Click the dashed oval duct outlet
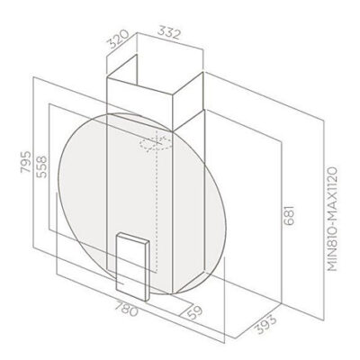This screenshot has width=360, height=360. click(x=154, y=142)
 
